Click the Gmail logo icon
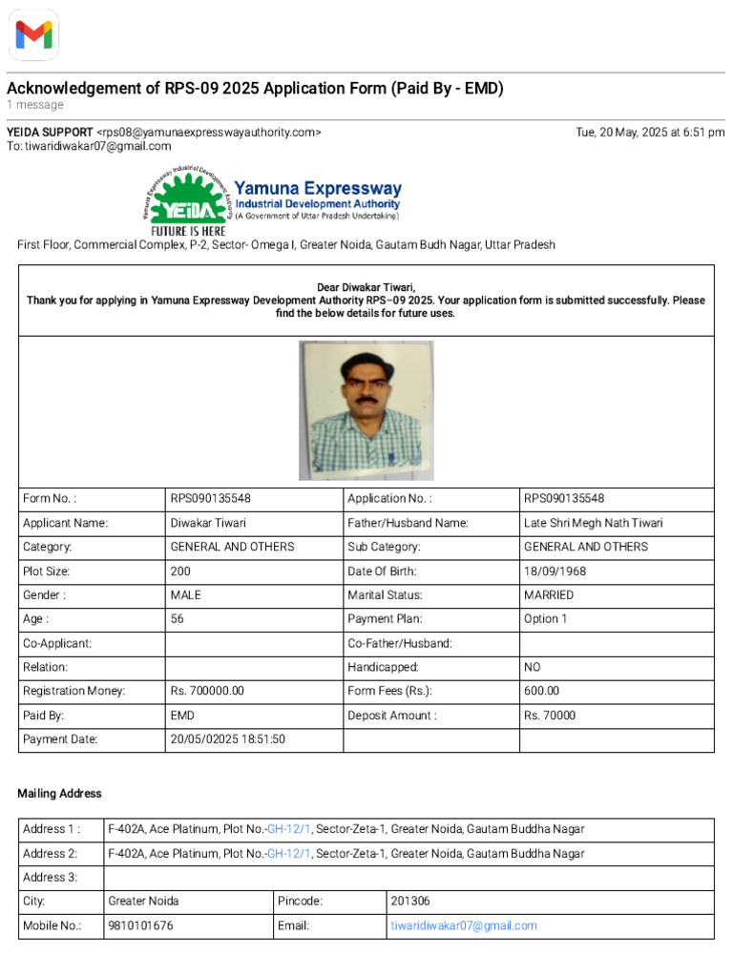click(33, 35)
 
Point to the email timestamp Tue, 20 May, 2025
click(650, 133)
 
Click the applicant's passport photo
click(366, 410)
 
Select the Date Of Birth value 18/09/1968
click(555, 572)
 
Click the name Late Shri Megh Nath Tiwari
click(593, 523)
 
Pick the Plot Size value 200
click(180, 572)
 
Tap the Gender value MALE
click(186, 595)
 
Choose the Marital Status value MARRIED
click(549, 595)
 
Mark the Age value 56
click(178, 619)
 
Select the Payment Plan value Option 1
click(546, 619)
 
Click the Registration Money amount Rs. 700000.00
click(207, 692)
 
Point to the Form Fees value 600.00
click(541, 692)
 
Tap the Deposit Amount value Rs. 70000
click(550, 716)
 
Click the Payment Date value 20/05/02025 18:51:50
click(228, 739)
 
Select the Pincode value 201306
click(410, 901)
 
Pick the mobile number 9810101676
click(141, 925)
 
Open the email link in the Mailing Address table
click(464, 925)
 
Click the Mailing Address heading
click(59, 794)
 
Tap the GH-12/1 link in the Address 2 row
click(289, 853)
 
